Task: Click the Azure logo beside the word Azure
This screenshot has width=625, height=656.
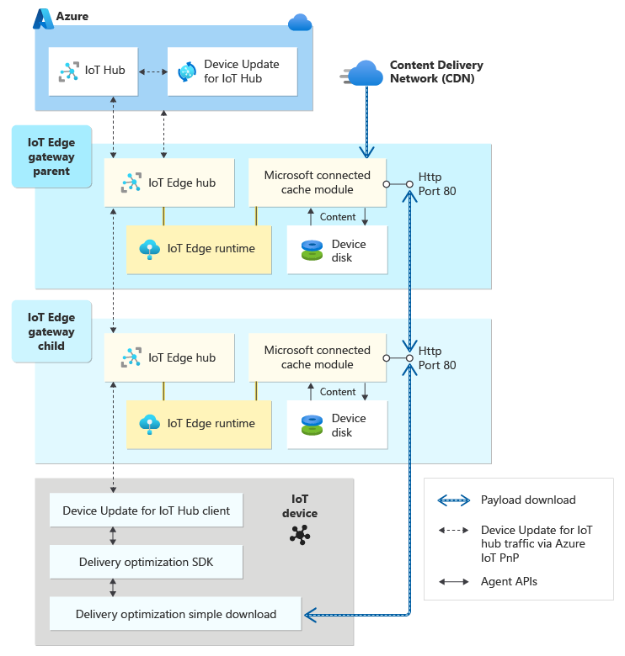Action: pyautogui.click(x=43, y=16)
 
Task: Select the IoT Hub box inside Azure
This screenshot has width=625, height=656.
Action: pyautogui.click(x=93, y=71)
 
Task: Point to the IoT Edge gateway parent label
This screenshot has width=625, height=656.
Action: pyautogui.click(x=51, y=157)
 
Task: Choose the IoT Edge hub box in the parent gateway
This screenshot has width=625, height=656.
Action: pyautogui.click(x=169, y=183)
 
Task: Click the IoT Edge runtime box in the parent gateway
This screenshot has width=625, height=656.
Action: pyautogui.click(x=199, y=248)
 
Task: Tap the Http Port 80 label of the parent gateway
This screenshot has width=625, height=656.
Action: pyautogui.click(x=437, y=184)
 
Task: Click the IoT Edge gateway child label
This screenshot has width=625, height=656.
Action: pyautogui.click(x=51, y=332)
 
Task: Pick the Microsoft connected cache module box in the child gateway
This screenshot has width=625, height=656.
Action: pyautogui.click(x=317, y=357)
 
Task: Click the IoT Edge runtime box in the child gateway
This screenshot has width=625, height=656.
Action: pyautogui.click(x=199, y=423)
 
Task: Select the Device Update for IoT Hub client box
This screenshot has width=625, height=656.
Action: pyautogui.click(x=146, y=511)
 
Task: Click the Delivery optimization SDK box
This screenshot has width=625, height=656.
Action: pyautogui.click(x=146, y=562)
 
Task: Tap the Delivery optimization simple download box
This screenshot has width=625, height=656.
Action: pyautogui.click(x=175, y=614)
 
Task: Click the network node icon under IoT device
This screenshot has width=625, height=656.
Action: pyautogui.click(x=298, y=533)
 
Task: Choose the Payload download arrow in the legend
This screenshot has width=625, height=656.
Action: pyautogui.click(x=453, y=500)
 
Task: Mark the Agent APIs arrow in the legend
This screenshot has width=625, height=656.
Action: pyautogui.click(x=453, y=581)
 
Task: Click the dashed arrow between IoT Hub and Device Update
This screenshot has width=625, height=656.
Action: pyautogui.click(x=152, y=71)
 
